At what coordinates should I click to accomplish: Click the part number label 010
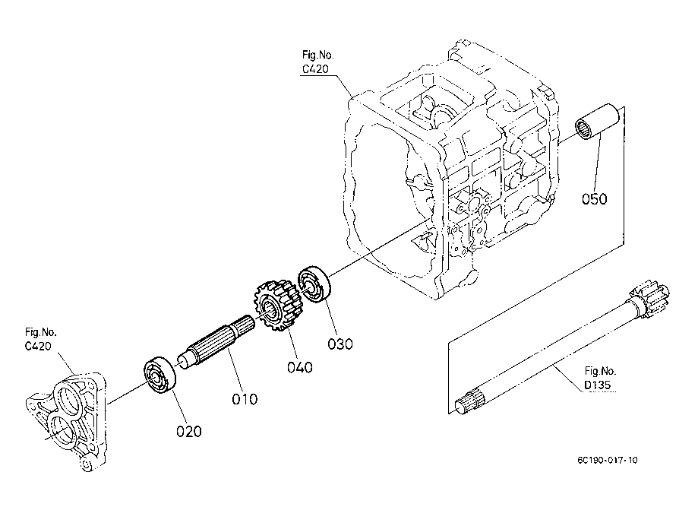245,398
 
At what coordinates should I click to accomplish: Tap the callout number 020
189,432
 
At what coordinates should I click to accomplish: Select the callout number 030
340,343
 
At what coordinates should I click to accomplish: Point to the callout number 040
300,368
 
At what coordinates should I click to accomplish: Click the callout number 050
595,199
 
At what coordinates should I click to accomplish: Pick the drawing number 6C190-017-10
607,461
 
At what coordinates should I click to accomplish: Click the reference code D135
599,385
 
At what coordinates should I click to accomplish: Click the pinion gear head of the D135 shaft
652,299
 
